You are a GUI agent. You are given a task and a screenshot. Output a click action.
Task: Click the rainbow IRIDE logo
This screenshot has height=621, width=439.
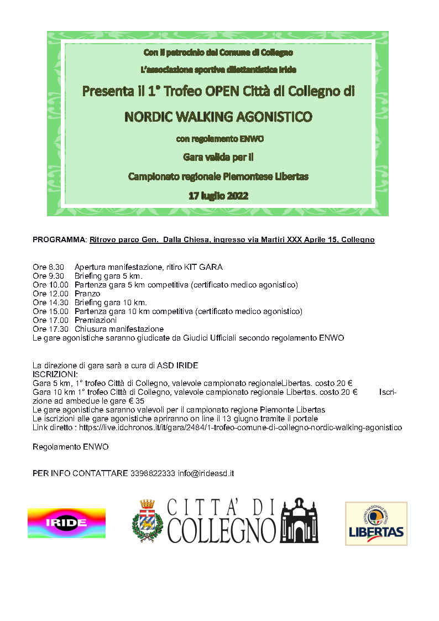click(66, 523)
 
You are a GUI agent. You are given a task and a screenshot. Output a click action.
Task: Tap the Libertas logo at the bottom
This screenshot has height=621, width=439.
click(376, 523)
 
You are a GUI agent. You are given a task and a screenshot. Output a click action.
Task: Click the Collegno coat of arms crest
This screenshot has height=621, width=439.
click(147, 521)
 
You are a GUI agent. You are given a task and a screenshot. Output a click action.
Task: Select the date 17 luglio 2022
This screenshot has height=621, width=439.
click(218, 196)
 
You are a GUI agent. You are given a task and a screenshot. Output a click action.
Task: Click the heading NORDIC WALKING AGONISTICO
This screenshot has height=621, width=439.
click(218, 117)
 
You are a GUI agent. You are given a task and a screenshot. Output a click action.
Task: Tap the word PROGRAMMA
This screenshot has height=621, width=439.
click(57, 239)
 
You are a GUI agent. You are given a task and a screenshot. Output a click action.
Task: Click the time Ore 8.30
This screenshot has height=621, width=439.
click(49, 267)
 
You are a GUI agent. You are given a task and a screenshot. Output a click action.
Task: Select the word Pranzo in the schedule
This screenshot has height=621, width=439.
click(87, 294)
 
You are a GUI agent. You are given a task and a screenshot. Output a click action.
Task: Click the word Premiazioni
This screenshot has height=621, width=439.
click(96, 320)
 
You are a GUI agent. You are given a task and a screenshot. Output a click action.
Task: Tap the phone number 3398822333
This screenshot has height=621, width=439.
click(153, 473)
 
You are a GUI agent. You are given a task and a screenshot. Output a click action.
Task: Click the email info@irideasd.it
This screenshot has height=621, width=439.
click(206, 473)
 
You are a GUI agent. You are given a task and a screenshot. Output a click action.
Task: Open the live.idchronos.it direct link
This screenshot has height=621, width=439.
click(241, 427)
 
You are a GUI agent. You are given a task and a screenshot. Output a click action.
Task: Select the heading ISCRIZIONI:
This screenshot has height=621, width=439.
click(55, 374)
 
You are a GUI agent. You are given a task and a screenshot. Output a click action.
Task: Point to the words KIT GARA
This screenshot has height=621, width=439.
click(205, 267)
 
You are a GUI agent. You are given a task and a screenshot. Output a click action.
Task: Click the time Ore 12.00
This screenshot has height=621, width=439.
click(50, 294)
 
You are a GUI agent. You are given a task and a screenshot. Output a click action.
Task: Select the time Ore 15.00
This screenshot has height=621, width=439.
click(50, 311)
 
